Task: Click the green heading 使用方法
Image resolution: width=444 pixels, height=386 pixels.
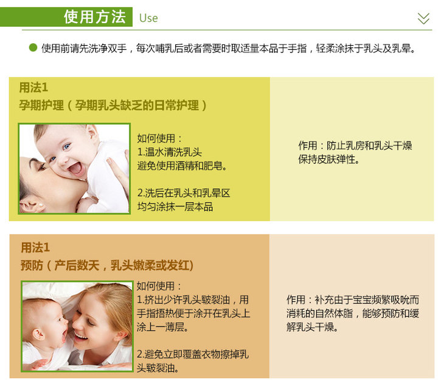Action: [x=94, y=16]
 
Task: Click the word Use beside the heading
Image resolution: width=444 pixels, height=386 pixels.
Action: [x=148, y=18]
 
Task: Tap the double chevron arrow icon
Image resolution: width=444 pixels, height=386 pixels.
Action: [x=423, y=18]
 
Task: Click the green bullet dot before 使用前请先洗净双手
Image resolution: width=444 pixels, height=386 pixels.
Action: [x=33, y=47]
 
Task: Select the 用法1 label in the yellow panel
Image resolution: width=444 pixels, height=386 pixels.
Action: [x=33, y=87]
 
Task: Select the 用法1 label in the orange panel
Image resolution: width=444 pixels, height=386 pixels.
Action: [x=35, y=247]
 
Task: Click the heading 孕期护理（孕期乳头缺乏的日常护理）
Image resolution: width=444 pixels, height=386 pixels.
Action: [x=113, y=105]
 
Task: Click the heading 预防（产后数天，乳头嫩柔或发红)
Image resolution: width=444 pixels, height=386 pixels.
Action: [x=107, y=265]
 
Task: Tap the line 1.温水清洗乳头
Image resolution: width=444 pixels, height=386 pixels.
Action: [x=169, y=152]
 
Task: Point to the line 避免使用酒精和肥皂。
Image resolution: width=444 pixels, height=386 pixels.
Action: [x=182, y=166]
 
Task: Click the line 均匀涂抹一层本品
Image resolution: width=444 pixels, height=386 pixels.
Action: [x=175, y=206]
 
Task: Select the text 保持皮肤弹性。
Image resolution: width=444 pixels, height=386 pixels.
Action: [x=329, y=160]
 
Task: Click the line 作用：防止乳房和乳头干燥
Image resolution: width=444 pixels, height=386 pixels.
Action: [x=355, y=146]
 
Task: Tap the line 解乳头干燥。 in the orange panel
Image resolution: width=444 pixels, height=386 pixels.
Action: [x=312, y=327]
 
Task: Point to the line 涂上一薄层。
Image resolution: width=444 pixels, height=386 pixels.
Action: [x=163, y=327]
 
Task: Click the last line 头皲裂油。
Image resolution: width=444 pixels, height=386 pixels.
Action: [x=158, y=368]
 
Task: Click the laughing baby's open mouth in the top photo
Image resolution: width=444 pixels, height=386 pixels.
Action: [x=75, y=169]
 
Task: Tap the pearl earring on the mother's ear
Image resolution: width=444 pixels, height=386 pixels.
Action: [x=41, y=205]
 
